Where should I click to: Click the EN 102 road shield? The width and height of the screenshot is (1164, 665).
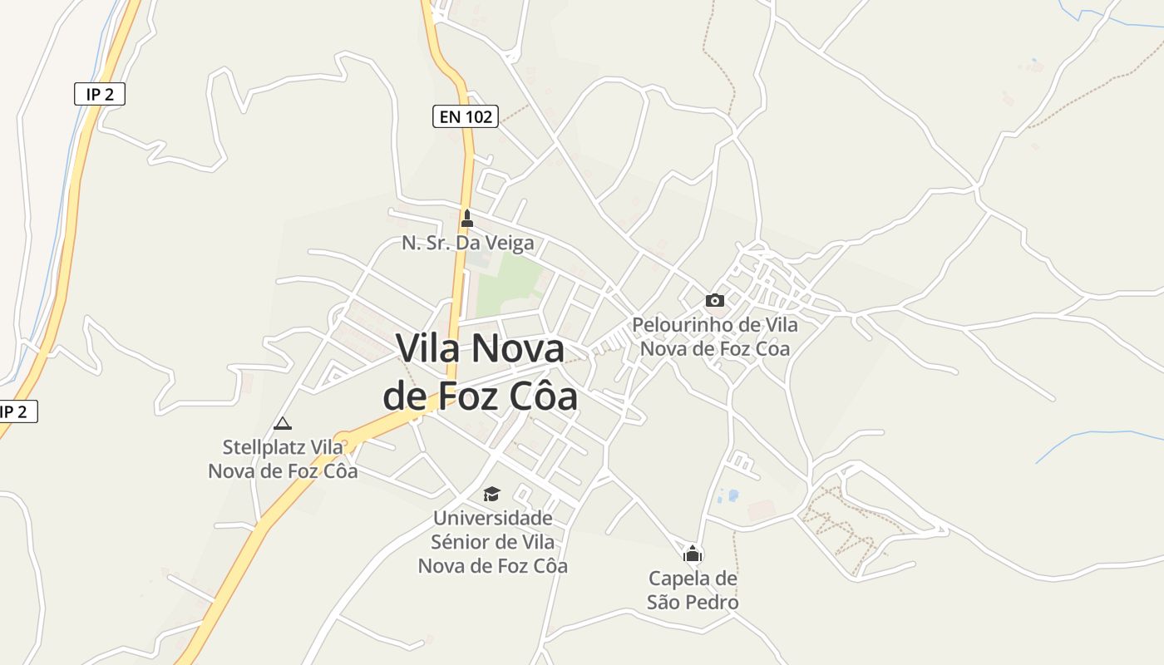466,116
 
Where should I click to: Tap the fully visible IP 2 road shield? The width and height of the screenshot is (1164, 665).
99,95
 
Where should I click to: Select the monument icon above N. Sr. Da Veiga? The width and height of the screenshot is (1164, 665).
466,219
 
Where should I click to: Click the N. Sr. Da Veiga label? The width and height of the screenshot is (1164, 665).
467,244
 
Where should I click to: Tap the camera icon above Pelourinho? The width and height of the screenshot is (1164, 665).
714,300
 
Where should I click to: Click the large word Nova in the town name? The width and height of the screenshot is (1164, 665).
515,348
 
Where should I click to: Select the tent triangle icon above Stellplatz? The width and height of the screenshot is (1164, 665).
283,423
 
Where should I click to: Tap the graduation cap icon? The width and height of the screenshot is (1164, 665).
492,495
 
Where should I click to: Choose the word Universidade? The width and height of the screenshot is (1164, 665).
492,518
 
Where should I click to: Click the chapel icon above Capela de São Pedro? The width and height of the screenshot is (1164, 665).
693,553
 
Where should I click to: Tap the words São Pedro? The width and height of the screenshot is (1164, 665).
693,602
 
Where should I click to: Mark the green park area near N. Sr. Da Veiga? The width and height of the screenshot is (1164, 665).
507,283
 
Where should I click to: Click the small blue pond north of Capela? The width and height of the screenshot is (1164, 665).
733,495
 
